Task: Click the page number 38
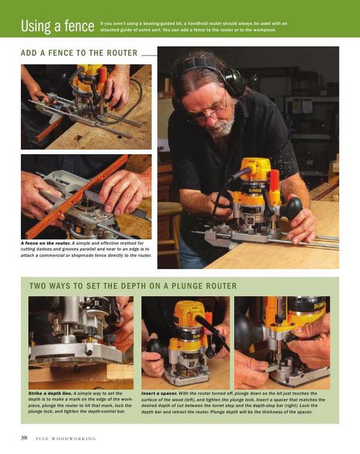24,437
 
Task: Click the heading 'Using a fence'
58,26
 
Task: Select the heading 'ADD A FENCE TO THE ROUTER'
79,53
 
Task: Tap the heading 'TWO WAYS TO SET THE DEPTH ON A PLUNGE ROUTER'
133,286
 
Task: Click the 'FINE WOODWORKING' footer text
66,438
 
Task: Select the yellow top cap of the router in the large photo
256,168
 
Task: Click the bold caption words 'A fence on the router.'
46,243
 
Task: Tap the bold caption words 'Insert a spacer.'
159,393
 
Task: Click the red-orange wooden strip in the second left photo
76,197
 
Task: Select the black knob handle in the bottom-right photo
246,330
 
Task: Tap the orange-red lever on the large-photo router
275,183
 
